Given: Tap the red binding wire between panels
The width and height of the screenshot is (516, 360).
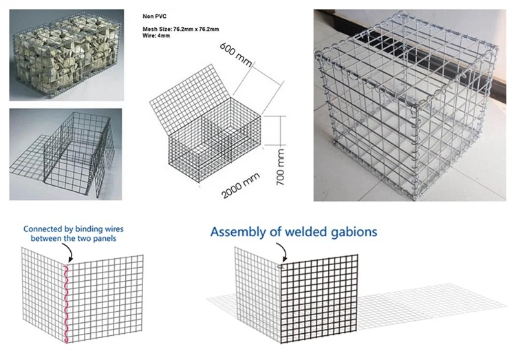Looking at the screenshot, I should (x=67, y=302).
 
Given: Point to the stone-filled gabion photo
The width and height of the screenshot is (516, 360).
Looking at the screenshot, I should (x=65, y=54).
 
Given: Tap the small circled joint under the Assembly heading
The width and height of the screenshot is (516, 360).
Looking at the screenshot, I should (x=281, y=265).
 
